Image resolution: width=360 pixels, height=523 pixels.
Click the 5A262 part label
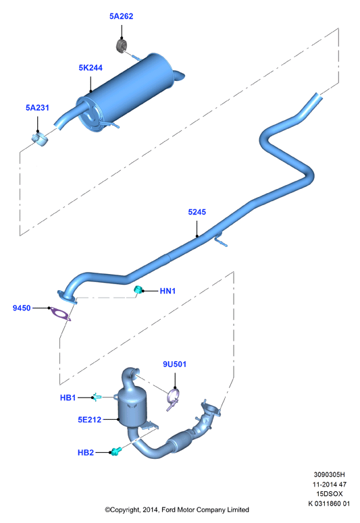(121, 16)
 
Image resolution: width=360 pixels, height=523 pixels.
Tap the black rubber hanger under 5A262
(122, 46)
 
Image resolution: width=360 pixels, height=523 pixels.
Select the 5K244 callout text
(91, 67)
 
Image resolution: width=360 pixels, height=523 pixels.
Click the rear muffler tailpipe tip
(179, 76)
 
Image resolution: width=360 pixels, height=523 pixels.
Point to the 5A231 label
(37, 108)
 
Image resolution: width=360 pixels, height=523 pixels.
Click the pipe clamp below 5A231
(40, 139)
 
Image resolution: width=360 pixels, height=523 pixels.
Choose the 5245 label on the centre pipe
(197, 212)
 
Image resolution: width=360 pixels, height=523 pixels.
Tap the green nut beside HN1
(138, 290)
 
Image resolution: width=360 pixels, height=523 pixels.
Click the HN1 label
(168, 291)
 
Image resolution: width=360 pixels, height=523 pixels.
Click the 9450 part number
(22, 308)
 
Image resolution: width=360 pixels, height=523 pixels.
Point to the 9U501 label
(175, 364)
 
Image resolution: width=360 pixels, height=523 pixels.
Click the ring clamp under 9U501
(173, 399)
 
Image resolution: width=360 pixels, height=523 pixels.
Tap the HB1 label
(68, 397)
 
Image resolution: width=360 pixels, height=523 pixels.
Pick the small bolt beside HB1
(97, 397)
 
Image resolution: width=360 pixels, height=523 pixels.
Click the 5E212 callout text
(90, 420)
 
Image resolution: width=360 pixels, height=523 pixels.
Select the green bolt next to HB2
(116, 451)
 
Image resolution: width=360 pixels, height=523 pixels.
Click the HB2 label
(86, 453)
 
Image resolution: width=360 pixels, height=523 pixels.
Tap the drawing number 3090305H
(330, 474)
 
